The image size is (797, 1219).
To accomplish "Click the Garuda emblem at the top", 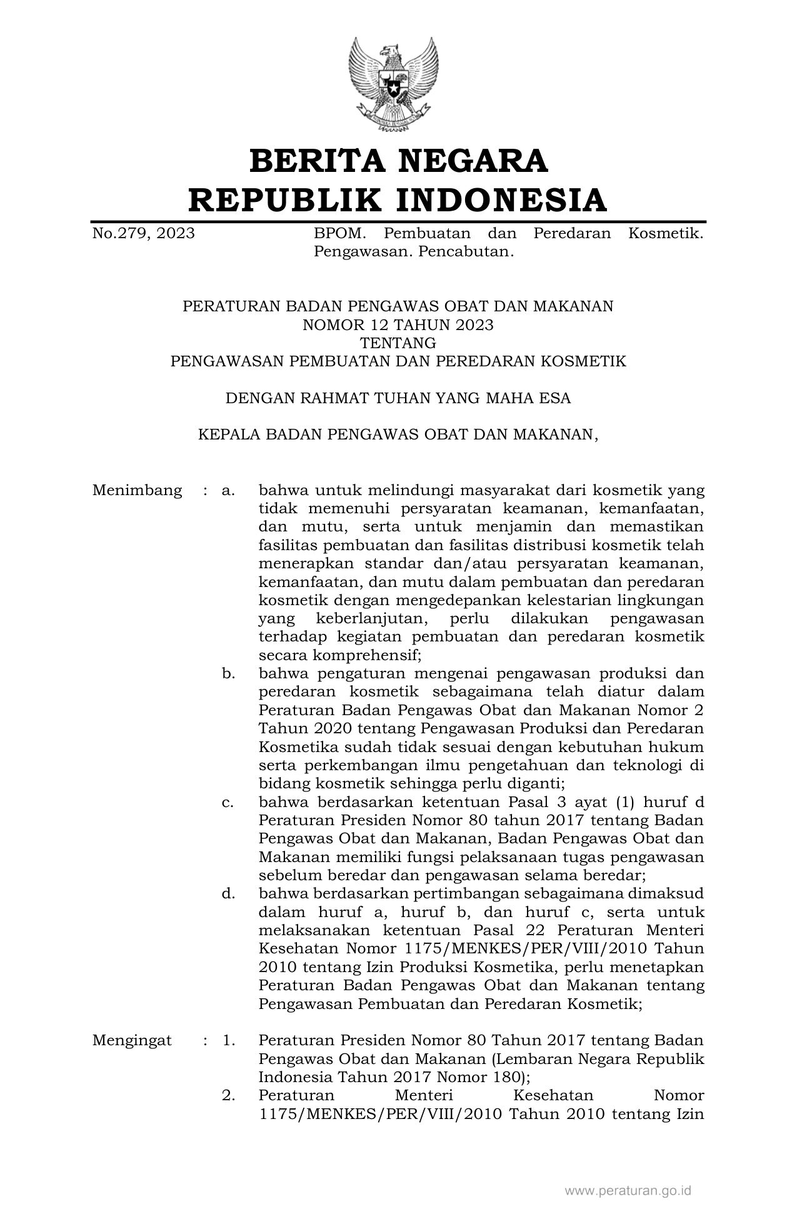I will click(394, 84).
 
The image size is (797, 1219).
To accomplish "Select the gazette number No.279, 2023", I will click(143, 234).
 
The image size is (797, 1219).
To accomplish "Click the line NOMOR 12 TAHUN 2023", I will click(398, 324).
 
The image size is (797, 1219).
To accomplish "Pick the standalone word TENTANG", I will click(398, 343).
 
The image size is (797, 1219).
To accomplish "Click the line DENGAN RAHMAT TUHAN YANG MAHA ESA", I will click(398, 398).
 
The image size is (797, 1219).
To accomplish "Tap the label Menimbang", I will click(138, 490).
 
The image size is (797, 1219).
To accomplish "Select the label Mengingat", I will click(132, 1040).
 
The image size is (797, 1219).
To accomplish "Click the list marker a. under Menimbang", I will click(228, 490).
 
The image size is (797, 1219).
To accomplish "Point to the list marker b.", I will click(228, 673).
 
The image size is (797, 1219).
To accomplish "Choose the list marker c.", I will click(228, 802).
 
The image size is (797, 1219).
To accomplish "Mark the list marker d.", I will click(228, 893).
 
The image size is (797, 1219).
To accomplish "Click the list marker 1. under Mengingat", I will click(229, 1040).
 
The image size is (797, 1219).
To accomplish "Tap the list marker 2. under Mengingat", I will click(229, 1095).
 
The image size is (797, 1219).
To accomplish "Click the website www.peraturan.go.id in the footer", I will click(628, 1191).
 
